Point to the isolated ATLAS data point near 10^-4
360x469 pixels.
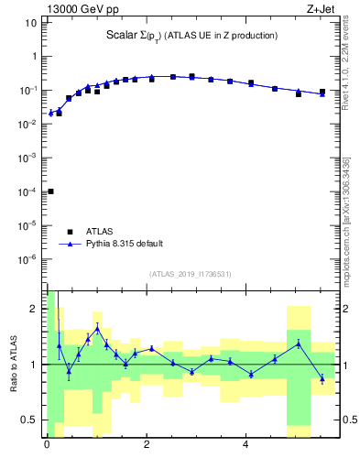[49, 191]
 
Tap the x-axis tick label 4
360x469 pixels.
[245, 445]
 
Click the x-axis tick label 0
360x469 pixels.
[47, 445]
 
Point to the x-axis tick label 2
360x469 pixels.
[147, 445]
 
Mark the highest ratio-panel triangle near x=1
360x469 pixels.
[97, 329]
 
